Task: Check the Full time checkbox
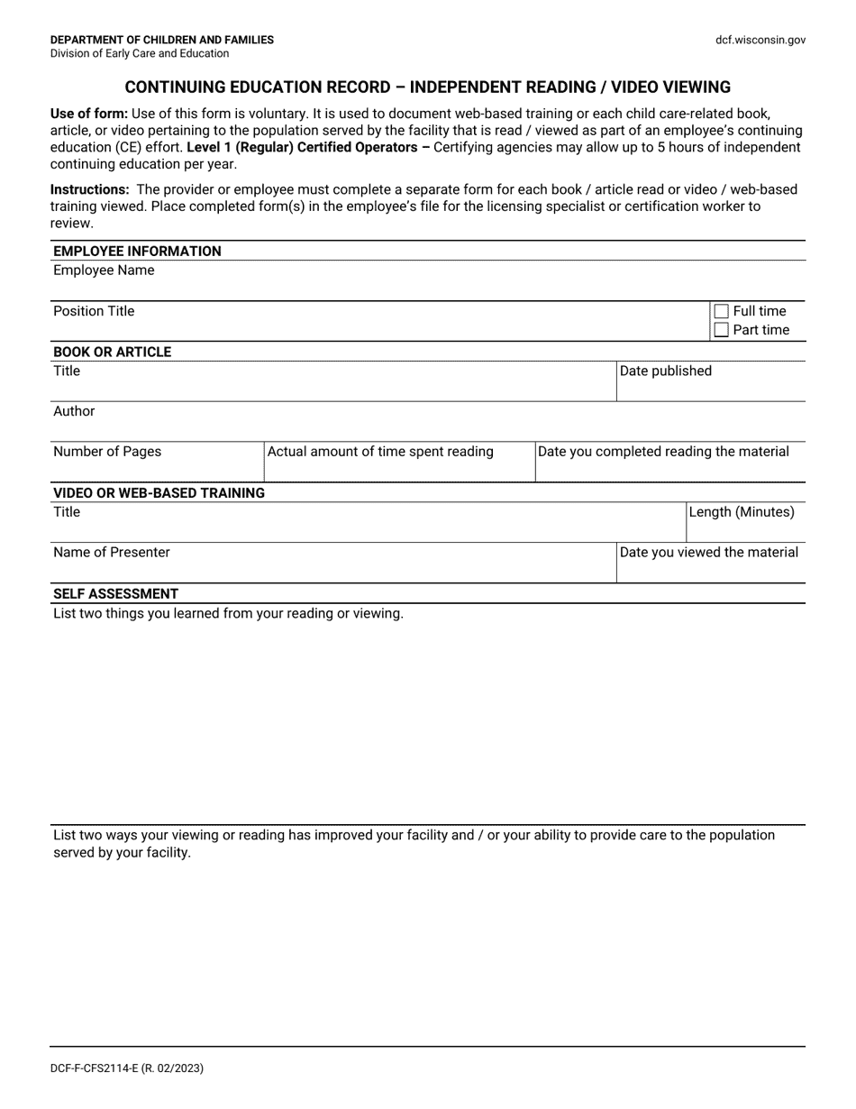(x=721, y=312)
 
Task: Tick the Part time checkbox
(x=721, y=330)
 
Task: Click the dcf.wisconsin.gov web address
(x=760, y=40)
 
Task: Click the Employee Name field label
(x=104, y=270)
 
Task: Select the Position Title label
(x=94, y=311)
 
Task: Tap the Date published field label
(x=665, y=371)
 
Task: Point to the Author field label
(x=74, y=411)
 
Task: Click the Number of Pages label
(x=107, y=452)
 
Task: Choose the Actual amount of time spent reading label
(x=380, y=452)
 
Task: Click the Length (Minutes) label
(x=742, y=512)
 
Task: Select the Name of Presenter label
(x=111, y=552)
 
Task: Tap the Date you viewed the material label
(x=709, y=552)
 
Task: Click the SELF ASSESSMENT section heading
(x=115, y=593)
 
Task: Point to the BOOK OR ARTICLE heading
(x=112, y=352)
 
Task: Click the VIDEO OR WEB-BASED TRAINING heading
(x=159, y=492)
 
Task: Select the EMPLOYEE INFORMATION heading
(x=137, y=251)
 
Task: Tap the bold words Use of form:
(x=89, y=114)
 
